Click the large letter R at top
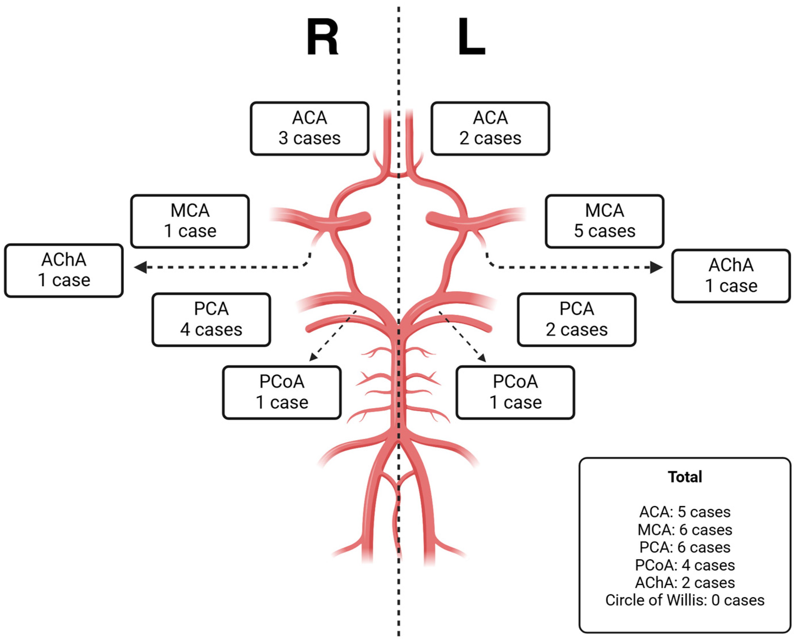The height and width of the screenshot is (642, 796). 322,37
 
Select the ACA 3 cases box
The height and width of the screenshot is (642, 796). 310,128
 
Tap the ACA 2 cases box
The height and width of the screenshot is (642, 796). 490,128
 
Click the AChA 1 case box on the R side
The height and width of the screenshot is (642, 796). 64,270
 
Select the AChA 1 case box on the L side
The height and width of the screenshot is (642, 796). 731,276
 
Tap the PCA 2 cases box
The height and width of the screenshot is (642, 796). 577,319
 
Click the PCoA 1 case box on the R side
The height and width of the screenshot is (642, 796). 282,392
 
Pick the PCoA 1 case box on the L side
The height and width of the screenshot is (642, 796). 515,392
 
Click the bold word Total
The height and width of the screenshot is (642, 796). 685,477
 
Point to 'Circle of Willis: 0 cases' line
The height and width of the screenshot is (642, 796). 685,600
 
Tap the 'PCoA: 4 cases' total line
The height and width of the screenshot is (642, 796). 685,565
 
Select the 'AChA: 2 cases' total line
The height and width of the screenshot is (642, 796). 685,582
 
